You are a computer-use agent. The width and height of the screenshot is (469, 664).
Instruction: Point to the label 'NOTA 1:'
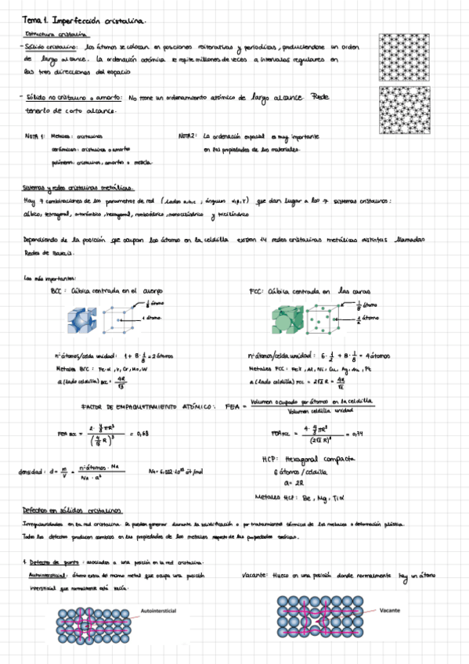point(35,135)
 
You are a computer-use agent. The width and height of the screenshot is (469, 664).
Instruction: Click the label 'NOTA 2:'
point(189,135)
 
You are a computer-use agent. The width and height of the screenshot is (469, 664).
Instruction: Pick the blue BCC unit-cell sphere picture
point(81,319)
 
